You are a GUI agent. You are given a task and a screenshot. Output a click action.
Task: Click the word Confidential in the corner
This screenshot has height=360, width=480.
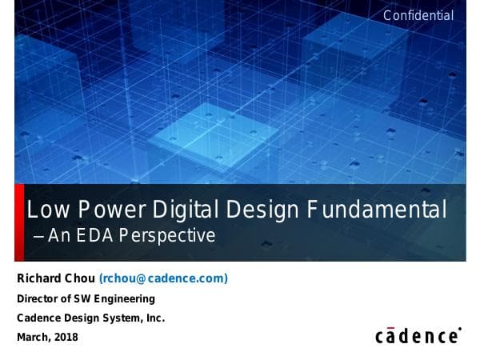(x=418, y=15)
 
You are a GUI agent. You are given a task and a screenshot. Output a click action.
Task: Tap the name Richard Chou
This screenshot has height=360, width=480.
(x=56, y=278)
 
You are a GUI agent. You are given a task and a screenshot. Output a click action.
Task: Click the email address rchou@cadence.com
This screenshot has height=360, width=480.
(x=163, y=278)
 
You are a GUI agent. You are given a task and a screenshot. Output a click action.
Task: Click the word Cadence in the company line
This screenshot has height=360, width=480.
(x=39, y=318)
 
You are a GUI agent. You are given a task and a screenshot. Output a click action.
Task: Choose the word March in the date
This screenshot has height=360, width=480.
(x=34, y=337)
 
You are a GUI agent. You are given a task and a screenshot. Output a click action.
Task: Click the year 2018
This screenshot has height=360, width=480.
(x=66, y=337)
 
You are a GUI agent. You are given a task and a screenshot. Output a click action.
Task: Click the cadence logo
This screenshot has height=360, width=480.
(x=418, y=335)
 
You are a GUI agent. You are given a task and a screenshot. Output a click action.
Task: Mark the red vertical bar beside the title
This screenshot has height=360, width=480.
(x=19, y=222)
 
